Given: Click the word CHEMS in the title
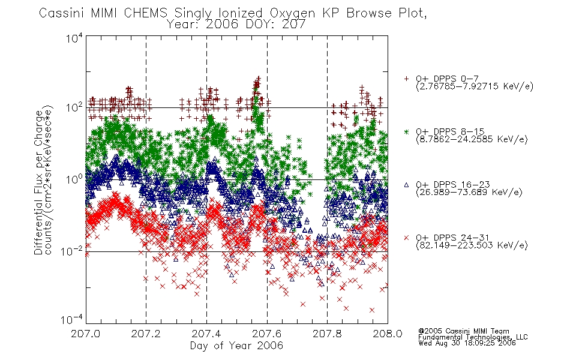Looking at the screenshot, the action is click(145, 13).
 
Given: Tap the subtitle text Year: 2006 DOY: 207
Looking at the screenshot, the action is click(236, 25).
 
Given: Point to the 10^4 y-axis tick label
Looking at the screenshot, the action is click(74, 37).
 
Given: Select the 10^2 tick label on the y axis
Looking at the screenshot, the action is click(74, 107).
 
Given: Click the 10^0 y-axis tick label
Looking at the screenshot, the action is click(74, 179).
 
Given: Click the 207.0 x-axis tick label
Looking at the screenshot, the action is click(85, 334).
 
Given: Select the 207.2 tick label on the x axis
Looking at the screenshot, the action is click(146, 334).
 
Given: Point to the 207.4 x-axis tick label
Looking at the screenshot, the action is click(206, 334).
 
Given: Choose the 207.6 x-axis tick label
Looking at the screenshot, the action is click(267, 334).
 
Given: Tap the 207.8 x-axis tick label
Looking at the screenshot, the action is click(327, 334).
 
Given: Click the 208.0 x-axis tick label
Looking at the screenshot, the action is click(388, 334).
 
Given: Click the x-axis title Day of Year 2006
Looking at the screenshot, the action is click(236, 346).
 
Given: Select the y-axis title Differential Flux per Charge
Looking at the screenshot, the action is click(38, 182).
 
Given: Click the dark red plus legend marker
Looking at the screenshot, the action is click(406, 79).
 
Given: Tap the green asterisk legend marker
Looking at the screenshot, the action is click(406, 131).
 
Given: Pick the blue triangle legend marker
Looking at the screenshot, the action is click(406, 185).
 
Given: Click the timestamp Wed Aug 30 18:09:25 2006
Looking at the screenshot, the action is click(467, 343).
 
